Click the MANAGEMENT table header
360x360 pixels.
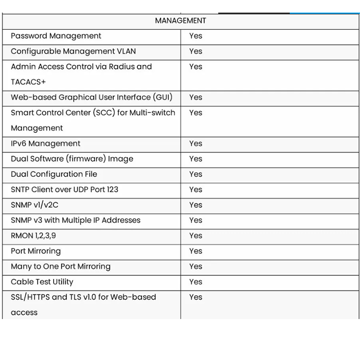pos(180,21)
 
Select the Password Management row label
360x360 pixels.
pos(56,36)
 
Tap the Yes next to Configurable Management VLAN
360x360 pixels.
pos(196,51)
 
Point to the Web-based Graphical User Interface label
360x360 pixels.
pos(91,97)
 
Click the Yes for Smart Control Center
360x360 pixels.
pos(196,112)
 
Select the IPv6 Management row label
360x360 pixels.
pos(45,144)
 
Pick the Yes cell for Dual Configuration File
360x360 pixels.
pos(196,174)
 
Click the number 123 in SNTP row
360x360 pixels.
pos(112,189)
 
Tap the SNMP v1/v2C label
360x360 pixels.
pos(35,205)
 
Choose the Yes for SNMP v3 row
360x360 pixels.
pos(196,220)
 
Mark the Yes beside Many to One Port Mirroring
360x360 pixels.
pos(196,266)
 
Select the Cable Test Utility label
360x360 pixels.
pos(42,282)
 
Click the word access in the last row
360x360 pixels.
pos(24,312)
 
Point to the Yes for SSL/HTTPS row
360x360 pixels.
pos(196,297)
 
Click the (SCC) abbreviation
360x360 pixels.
pos(104,112)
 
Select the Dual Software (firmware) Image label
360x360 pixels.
pos(72,159)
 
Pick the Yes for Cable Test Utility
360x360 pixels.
pos(196,282)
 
